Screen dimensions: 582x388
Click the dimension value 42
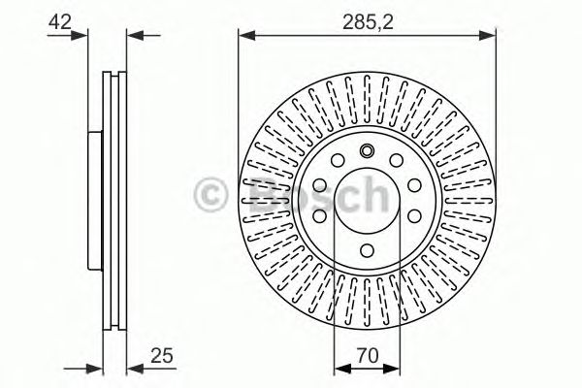59,22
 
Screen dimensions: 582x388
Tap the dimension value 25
162,355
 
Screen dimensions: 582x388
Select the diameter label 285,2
368,22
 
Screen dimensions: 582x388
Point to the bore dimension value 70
368,355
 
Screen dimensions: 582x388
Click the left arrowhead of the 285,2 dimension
246,36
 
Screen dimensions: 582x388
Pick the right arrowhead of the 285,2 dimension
487,36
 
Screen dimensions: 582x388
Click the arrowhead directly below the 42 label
80,35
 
